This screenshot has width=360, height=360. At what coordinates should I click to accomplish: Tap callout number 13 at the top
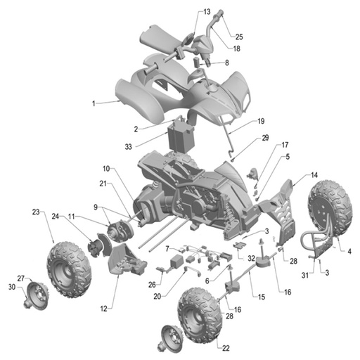[x=207, y=12]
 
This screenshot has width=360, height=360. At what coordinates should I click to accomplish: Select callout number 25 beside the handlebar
[x=239, y=37]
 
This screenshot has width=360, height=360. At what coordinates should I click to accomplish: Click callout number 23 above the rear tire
[x=35, y=211]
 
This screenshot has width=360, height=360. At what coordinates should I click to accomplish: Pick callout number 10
[x=105, y=169]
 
